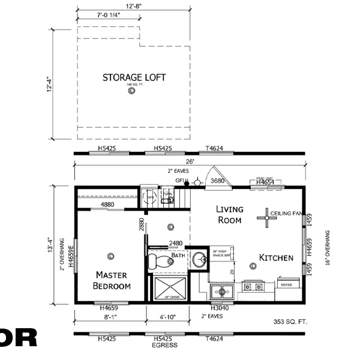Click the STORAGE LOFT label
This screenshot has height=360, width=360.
(134, 77)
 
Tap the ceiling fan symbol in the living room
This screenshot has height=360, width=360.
(265, 218)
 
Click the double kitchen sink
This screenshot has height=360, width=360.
(223, 292)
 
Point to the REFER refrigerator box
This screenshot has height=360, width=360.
(287, 285)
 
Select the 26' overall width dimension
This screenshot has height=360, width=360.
(190, 161)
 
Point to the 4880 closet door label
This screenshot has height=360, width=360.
(107, 205)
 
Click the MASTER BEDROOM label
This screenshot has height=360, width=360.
(112, 280)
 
